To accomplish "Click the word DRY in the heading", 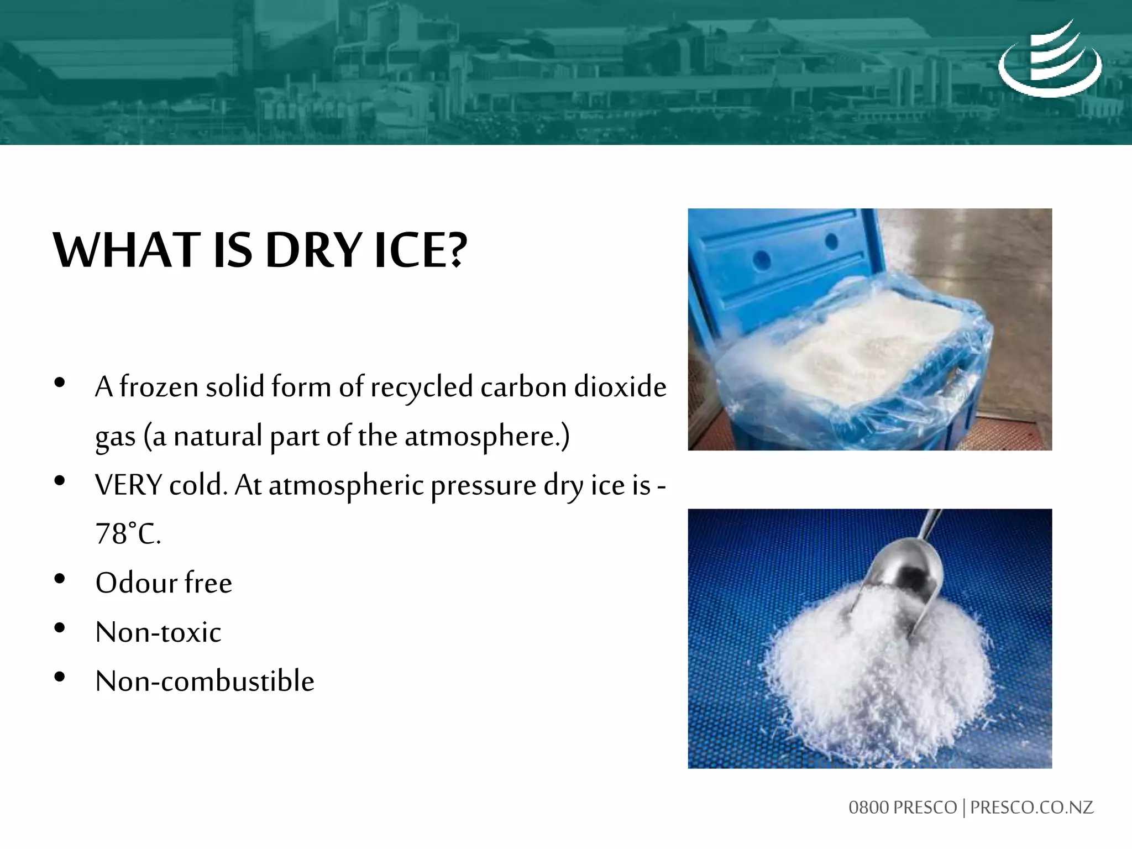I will [x=313, y=251].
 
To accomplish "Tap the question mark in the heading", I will [x=456, y=251].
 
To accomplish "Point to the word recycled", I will [x=421, y=387].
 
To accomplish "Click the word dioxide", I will [x=620, y=387].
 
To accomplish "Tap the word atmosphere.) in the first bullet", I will [x=486, y=436].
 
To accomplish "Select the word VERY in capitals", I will [x=128, y=486].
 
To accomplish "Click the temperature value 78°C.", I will [x=128, y=534].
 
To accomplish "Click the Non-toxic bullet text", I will [x=158, y=632].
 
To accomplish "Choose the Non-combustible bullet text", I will [x=205, y=681].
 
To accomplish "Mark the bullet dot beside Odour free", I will [x=60, y=579].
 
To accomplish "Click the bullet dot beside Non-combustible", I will [x=60, y=677].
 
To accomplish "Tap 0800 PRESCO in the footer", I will [x=902, y=808].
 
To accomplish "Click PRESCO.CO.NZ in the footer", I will [x=1031, y=808].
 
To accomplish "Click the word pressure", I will [x=483, y=486].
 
